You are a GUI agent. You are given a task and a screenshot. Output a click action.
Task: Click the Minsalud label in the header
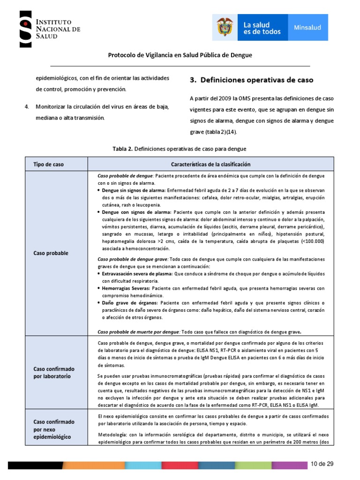[x=307, y=28]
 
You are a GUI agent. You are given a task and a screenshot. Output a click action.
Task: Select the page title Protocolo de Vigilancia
[x=180, y=55]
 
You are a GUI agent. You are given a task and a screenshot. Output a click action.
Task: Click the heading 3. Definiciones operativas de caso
[x=251, y=80]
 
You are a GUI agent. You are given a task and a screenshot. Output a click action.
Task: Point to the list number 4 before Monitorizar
[x=26, y=106]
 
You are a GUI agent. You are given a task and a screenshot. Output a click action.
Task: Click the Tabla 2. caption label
[x=123, y=149]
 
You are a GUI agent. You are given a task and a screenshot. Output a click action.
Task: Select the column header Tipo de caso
[x=48, y=165]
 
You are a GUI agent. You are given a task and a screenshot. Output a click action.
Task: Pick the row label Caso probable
[x=50, y=253]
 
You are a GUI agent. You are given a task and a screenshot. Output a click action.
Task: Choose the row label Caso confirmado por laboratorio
[x=53, y=373]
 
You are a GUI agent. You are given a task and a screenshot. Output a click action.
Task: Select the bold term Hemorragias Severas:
[x=126, y=288]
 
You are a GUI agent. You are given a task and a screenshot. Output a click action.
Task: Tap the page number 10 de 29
[x=322, y=464]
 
